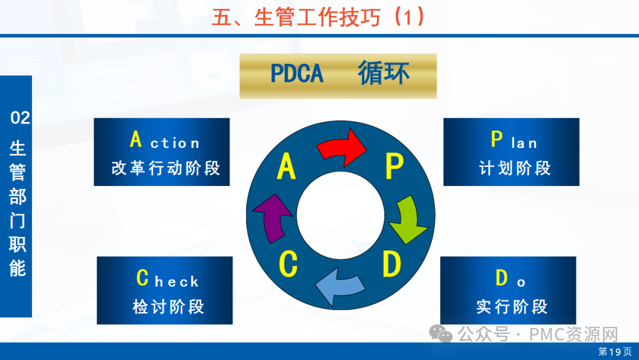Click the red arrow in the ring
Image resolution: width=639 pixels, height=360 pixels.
click(342, 147)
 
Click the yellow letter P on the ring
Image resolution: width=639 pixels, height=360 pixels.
click(394, 167)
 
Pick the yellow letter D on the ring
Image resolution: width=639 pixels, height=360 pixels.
click(391, 264)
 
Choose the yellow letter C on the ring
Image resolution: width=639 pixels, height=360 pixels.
click(288, 265)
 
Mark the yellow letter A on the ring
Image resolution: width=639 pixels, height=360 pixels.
click(286, 167)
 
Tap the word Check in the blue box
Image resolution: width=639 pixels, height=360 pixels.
click(167, 279)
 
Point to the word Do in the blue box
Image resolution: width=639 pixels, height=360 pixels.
click(510, 279)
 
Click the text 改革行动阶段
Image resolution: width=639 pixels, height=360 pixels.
click(166, 168)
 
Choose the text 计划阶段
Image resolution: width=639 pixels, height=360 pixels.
click(515, 168)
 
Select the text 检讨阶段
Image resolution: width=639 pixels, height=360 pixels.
click(168, 307)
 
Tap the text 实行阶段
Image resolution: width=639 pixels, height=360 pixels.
click(512, 307)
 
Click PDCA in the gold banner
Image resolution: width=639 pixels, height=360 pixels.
click(297, 74)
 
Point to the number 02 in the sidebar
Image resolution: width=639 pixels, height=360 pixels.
click(20, 118)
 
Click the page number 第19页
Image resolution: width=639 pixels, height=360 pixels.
click(615, 352)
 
